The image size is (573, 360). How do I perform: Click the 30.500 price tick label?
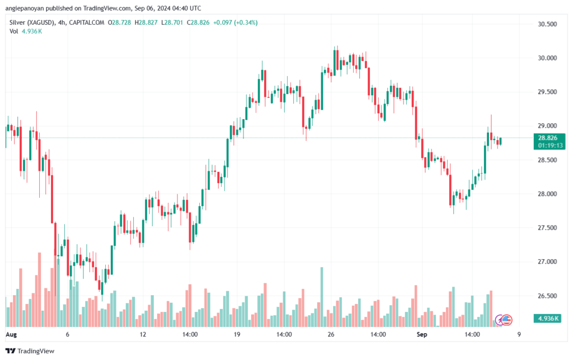(547, 24)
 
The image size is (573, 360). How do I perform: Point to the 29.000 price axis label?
(547, 126)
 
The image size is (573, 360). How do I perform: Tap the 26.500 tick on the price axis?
(547, 296)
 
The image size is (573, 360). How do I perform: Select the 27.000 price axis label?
(547, 261)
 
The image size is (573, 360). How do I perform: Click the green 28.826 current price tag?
(549, 142)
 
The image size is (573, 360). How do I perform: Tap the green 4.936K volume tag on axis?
(548, 319)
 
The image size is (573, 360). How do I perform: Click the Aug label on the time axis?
(11, 334)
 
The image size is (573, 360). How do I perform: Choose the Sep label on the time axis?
(422, 334)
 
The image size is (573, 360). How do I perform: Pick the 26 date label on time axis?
(331, 334)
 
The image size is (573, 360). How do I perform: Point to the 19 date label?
(237, 334)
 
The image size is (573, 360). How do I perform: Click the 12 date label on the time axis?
(143, 334)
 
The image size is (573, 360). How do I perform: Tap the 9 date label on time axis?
(519, 334)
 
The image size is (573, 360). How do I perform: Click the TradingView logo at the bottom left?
(30, 351)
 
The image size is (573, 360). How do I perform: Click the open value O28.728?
(119, 22)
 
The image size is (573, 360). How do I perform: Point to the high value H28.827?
(146, 22)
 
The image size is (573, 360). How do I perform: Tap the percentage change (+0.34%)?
(246, 22)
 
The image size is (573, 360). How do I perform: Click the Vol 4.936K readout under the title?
(26, 31)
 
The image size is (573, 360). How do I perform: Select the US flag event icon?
(506, 320)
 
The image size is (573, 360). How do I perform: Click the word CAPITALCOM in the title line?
(87, 22)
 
